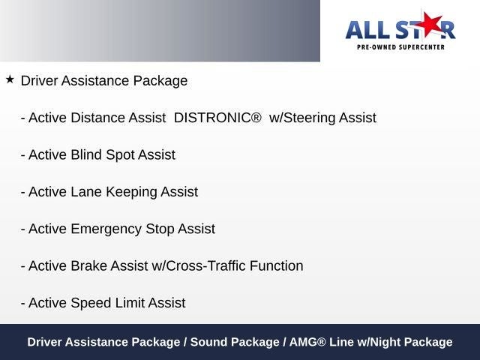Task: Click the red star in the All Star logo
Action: [428, 24]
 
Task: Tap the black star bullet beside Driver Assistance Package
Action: [10, 79]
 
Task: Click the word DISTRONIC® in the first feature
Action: [217, 118]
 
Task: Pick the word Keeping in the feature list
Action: [131, 193]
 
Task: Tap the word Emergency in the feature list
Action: [106, 229]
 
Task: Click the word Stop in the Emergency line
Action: [160, 229]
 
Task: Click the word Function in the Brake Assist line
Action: [277, 265]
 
